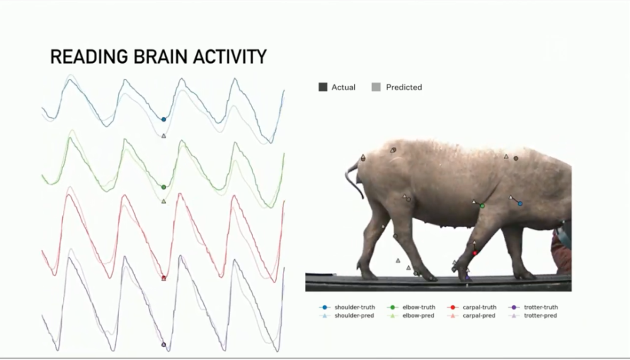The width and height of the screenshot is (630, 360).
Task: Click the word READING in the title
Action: [x=89, y=57]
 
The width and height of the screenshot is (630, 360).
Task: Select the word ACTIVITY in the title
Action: [x=230, y=57]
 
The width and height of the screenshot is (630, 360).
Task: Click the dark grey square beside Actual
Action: [x=323, y=87]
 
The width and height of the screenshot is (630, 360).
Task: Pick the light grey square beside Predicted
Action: [x=376, y=87]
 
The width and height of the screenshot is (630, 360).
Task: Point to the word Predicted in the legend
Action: [x=404, y=87]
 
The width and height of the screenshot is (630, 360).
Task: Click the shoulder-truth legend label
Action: [x=355, y=307]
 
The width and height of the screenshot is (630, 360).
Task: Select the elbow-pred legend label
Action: [x=418, y=316]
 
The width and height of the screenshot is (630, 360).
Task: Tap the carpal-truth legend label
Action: [x=479, y=307]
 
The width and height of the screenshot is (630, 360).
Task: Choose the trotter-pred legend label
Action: [x=541, y=316]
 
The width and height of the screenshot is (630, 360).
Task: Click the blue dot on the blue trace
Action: [x=164, y=119]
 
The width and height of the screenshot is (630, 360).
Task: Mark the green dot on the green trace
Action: [x=164, y=187]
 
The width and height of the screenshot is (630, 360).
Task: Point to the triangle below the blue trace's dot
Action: [x=164, y=136]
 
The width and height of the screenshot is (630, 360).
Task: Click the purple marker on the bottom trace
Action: [x=164, y=345]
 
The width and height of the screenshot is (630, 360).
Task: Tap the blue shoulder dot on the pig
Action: [x=520, y=204]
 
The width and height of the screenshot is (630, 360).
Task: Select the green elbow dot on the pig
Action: [x=482, y=206]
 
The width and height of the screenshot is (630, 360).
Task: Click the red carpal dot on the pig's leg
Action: [x=475, y=253]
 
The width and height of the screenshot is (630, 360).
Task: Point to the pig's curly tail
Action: [x=352, y=180]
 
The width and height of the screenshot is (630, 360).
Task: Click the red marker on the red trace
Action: [x=164, y=278]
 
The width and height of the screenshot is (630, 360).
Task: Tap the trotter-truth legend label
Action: [x=541, y=307]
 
